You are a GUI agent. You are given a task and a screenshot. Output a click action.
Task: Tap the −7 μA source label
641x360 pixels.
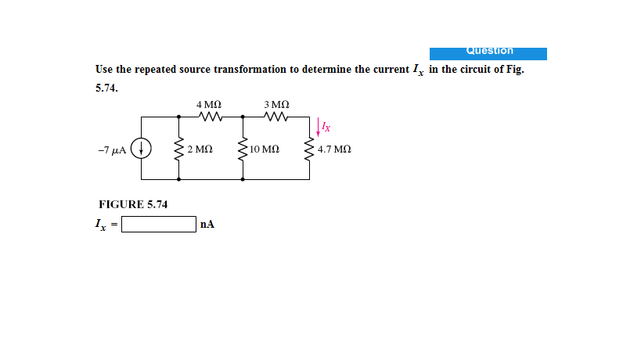tap(112, 150)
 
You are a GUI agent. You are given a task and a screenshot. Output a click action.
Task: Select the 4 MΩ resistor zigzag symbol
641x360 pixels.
tap(211, 117)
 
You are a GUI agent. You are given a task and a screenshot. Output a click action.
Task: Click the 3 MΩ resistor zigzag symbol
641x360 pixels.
tap(276, 117)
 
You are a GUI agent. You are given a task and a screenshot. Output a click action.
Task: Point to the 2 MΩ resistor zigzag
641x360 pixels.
tap(178, 149)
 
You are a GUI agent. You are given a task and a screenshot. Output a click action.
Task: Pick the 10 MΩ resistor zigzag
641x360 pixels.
tap(243, 149)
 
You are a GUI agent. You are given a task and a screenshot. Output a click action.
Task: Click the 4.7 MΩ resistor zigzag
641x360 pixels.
tap(309, 149)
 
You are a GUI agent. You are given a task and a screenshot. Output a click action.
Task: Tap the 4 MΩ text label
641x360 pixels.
tap(209, 105)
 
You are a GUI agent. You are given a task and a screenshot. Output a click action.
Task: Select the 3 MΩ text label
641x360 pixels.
tap(277, 105)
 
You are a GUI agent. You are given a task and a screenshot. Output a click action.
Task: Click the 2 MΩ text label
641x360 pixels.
tap(200, 149)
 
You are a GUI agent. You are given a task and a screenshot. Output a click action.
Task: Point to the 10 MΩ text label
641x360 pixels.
tap(265, 149)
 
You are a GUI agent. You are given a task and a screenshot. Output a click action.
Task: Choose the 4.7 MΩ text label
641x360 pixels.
tap(334, 149)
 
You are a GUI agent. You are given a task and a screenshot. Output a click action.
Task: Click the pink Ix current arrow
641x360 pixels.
tap(318, 127)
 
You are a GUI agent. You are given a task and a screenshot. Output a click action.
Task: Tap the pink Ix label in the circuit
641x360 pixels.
tap(326, 127)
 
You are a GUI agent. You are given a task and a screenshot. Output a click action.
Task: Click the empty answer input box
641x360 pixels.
tap(159, 225)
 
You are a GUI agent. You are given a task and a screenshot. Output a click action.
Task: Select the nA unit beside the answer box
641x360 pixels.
tap(207, 225)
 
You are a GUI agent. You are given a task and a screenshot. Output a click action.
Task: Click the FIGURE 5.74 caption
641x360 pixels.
tap(133, 204)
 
